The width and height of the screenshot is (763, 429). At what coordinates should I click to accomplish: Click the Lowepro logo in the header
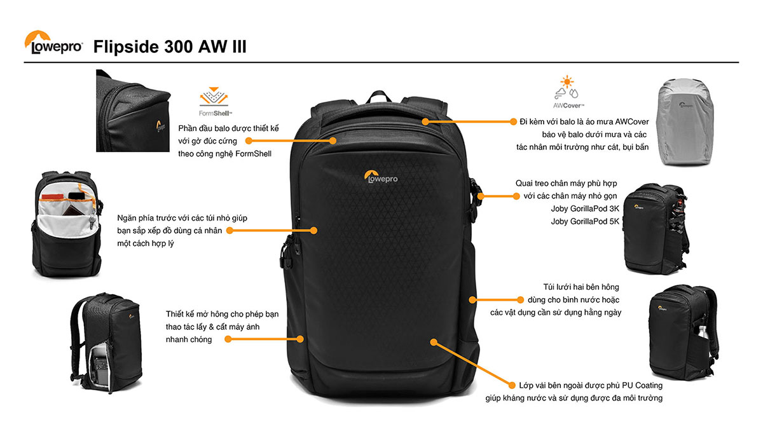click(53, 43)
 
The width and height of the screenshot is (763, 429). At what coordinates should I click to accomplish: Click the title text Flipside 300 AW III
click(170, 46)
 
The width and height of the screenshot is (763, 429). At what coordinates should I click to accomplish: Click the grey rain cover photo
click(685, 122)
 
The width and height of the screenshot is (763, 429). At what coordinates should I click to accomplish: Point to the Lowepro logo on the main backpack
click(381, 177)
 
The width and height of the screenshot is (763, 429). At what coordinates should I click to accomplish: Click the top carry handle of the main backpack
click(379, 97)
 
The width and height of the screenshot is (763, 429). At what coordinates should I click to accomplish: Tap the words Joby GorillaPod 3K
click(585, 208)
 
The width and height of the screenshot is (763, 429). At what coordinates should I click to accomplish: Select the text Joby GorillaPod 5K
click(585, 222)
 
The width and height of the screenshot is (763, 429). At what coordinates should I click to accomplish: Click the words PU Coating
click(642, 385)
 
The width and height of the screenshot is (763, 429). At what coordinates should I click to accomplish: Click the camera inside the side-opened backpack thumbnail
click(100, 366)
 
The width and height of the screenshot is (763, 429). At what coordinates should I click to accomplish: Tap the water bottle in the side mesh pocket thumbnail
click(703, 332)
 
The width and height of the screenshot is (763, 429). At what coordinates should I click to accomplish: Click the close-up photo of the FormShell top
click(133, 111)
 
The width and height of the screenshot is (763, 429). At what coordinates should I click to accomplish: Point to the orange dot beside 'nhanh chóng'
click(228, 339)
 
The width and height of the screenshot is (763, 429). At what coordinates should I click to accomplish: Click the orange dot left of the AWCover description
click(513, 121)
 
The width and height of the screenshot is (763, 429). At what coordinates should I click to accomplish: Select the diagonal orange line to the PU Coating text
click(473, 364)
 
